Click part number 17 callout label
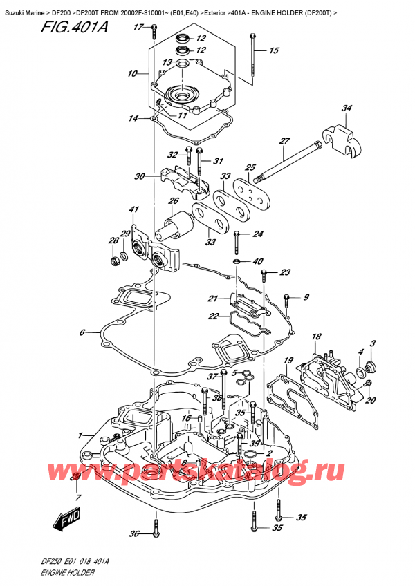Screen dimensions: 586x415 pyautogui.click(x=138, y=27)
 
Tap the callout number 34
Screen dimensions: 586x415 pyautogui.click(x=347, y=108)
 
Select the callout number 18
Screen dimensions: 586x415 pyautogui.click(x=317, y=337)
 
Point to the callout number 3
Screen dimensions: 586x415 pyautogui.click(x=372, y=343)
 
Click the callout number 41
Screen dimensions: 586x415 pyautogui.click(x=134, y=209)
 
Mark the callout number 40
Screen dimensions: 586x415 pyautogui.click(x=258, y=261)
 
